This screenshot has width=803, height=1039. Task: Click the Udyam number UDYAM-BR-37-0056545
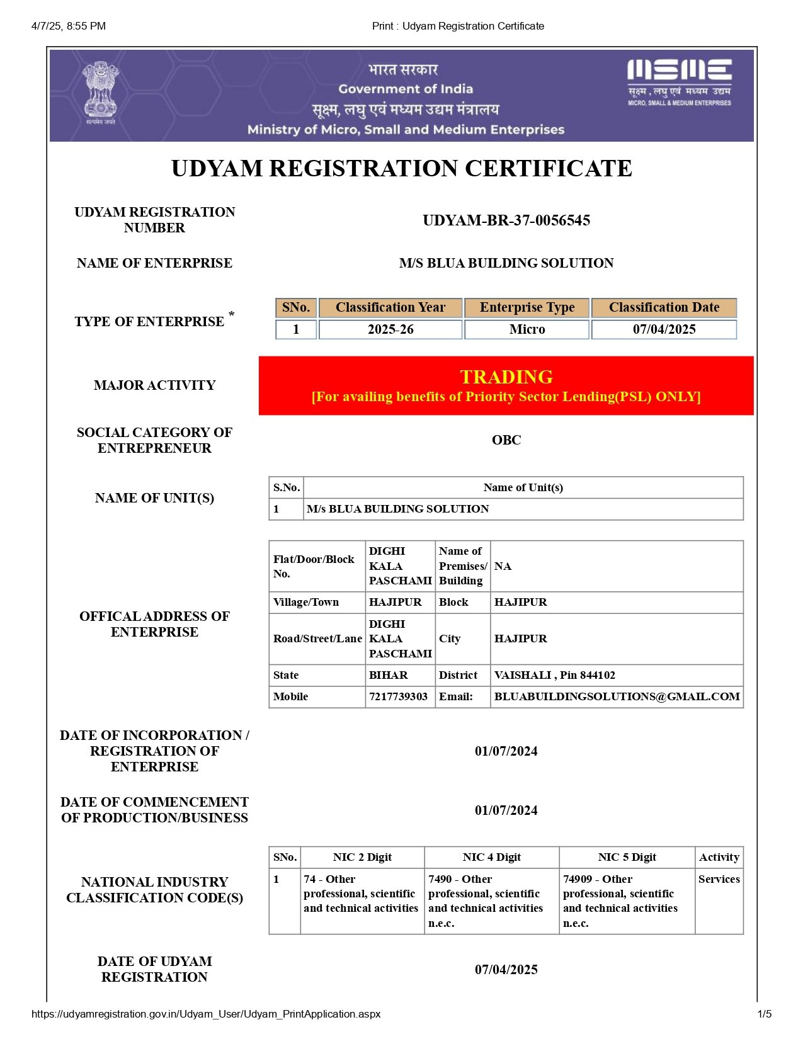pos(506,220)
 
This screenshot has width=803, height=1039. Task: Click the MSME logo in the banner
pos(679,82)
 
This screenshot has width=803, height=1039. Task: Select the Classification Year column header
pos(390,307)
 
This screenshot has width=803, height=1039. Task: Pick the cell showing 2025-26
pos(390,329)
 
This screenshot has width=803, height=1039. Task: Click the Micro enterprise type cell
pos(527,329)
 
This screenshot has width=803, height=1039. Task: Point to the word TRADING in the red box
pos(506,377)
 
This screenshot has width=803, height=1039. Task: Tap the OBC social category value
pos(506,440)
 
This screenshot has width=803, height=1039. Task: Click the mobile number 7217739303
pos(398,696)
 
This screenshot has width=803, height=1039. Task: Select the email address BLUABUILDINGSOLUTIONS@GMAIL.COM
pos(617,696)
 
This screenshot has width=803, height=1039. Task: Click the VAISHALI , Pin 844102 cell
pos(554,675)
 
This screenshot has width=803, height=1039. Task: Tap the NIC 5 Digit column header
pos(627,857)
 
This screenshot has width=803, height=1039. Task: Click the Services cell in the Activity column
pos(719,879)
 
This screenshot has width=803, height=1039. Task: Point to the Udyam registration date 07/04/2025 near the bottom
pos(506,970)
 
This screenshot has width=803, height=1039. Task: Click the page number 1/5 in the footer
pos(764,1014)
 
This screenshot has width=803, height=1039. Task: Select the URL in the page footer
pos(206,1014)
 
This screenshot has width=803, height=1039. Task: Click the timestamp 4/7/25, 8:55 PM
pos(69,26)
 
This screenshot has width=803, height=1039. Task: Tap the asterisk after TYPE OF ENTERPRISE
pos(232,315)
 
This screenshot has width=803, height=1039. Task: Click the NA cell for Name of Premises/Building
pos(503,566)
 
